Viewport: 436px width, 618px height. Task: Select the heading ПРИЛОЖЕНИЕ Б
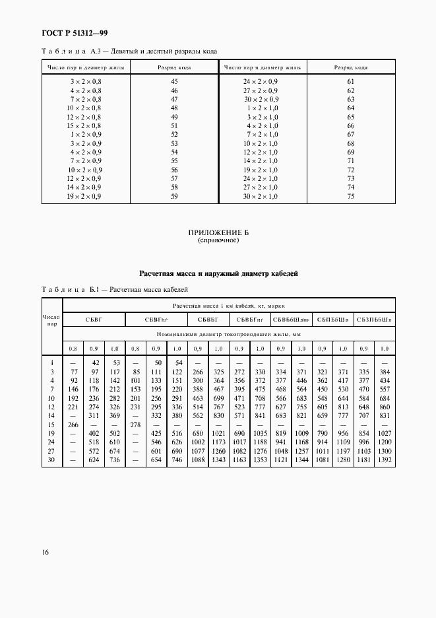click(218, 234)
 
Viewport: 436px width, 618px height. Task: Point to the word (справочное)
click(218, 241)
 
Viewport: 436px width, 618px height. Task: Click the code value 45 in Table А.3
click(174, 81)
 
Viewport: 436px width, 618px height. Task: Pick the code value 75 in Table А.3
click(350, 196)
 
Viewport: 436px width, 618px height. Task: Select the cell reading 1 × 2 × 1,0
click(262, 108)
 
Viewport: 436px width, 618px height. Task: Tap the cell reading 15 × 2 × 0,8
click(85, 125)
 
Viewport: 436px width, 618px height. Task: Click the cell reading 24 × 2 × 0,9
click(262, 81)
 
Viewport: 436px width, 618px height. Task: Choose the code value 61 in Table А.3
click(350, 81)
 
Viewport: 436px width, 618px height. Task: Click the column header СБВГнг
click(156, 320)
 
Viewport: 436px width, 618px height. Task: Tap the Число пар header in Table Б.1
click(51, 321)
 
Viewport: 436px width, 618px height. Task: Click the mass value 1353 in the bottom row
click(259, 478)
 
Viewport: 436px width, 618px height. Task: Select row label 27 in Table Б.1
click(51, 469)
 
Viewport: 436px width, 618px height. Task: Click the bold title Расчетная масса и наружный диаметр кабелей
click(218, 273)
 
